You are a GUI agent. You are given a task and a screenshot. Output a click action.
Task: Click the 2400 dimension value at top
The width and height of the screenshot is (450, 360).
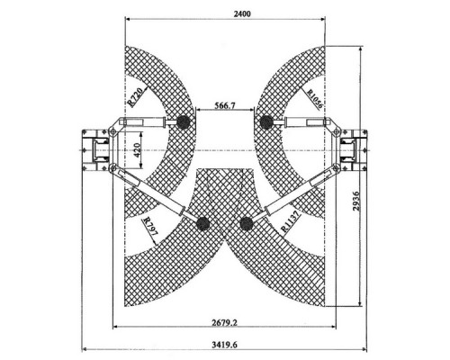tap(242, 13)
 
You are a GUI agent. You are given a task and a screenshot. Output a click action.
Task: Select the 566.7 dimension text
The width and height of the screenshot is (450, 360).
tap(225, 105)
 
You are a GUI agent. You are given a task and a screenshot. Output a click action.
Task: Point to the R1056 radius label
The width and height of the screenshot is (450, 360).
tap(315, 99)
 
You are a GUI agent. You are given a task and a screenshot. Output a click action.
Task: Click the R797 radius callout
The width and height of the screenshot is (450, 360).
tap(149, 227)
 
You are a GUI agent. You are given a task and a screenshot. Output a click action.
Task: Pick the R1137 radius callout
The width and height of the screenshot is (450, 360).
tap(290, 221)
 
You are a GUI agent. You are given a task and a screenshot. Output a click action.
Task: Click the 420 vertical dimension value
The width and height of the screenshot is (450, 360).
tap(137, 150)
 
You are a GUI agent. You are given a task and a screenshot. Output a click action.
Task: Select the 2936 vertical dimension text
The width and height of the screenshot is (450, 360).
tap(356, 202)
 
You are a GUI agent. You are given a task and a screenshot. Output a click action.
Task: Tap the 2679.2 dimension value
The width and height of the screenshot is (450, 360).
tap(225, 323)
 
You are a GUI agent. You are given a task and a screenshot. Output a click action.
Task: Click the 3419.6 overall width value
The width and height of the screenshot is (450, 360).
tap(224, 345)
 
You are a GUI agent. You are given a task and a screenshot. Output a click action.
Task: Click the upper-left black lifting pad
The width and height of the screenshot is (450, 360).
tap(184, 122)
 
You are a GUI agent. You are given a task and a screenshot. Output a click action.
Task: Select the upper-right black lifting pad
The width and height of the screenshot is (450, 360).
tap(266, 122)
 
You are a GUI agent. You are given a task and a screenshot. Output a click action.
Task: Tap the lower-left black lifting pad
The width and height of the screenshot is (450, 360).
tap(202, 223)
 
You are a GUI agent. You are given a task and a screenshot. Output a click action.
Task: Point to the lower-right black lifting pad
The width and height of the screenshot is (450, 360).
tap(247, 223)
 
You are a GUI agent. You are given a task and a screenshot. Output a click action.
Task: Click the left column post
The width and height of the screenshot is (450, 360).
tap(94, 150)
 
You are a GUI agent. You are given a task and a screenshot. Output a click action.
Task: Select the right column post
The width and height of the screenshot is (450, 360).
tap(355, 150)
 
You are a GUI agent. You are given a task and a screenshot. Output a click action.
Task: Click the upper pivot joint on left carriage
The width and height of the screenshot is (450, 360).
tap(112, 131)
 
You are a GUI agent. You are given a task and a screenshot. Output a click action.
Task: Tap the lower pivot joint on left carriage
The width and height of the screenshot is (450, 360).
tap(112, 168)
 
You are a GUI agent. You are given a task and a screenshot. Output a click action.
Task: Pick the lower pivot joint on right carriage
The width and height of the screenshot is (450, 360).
tap(337, 167)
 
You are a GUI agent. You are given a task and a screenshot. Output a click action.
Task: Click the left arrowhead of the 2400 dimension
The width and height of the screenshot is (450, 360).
tap(128, 20)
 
